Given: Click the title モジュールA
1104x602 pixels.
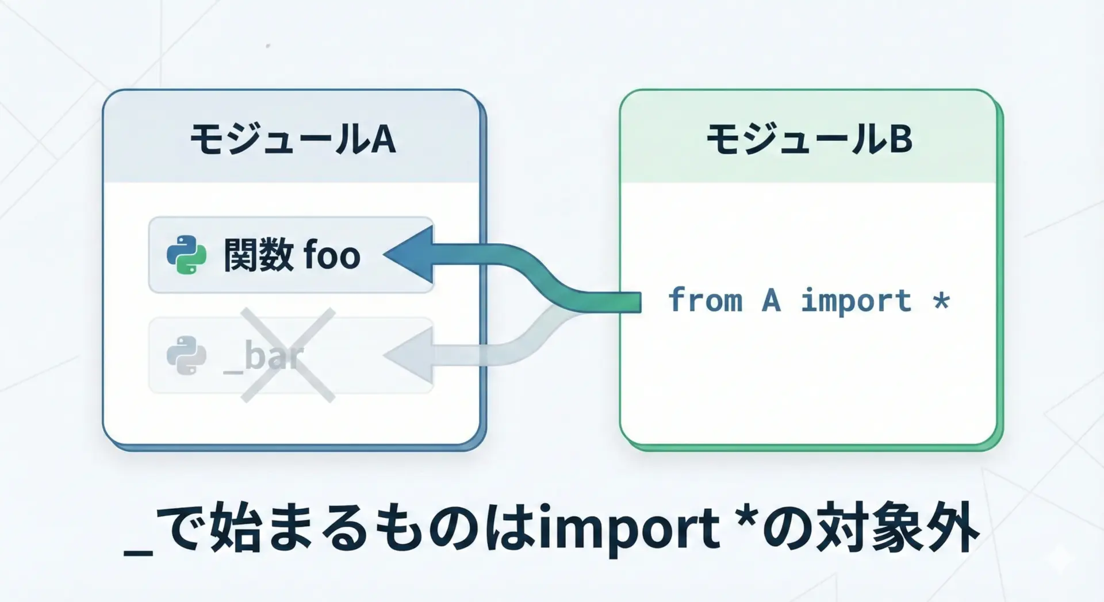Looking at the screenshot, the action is click(x=293, y=139).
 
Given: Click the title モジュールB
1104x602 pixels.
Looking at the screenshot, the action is click(x=809, y=139).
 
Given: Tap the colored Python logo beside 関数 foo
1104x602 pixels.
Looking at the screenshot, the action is click(x=186, y=255).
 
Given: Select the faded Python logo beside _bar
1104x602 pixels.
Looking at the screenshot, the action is click(x=186, y=355).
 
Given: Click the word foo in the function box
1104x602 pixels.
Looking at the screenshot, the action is click(x=332, y=255).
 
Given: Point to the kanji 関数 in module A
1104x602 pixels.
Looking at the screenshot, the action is click(x=259, y=255).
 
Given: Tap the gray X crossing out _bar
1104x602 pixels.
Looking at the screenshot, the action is click(x=287, y=355).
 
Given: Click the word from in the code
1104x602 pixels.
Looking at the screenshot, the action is click(x=706, y=300).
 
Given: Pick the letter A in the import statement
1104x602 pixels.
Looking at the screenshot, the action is click(x=771, y=300).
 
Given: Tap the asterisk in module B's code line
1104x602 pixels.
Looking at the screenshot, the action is click(x=941, y=300).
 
